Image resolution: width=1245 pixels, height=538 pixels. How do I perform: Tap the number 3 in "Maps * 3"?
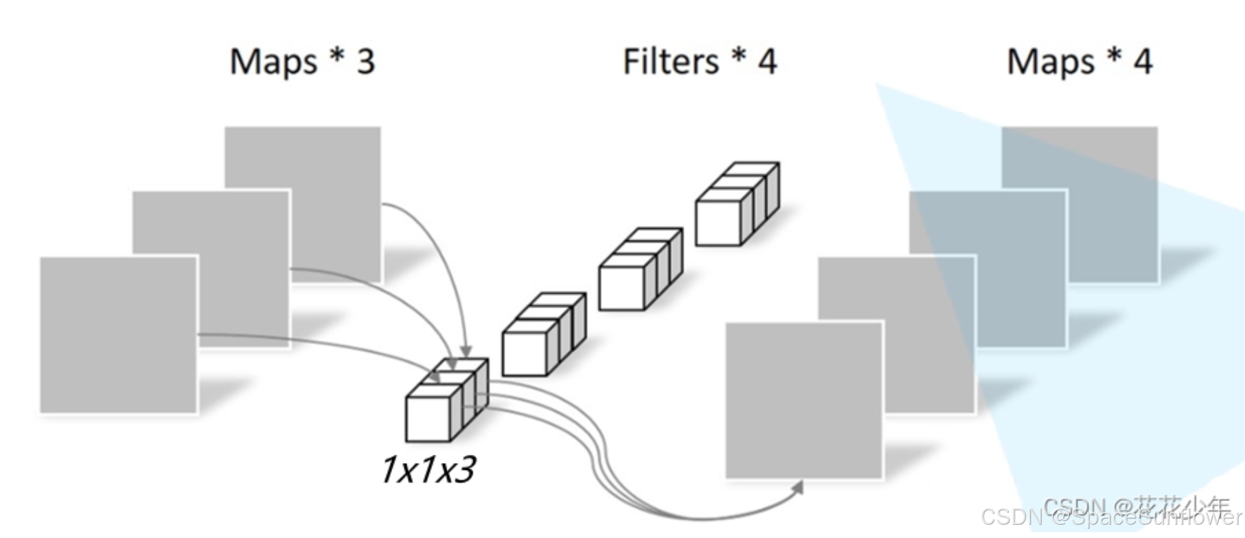coord(366,62)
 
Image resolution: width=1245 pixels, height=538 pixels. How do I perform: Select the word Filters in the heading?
coord(670,62)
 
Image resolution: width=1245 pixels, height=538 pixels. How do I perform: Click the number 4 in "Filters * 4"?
coord(767,62)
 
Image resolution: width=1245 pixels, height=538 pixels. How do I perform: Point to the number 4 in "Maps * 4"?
coord(1143,62)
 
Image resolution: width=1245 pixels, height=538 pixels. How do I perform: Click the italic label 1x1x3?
coord(428,470)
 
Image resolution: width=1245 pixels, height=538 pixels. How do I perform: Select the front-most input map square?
coord(118,335)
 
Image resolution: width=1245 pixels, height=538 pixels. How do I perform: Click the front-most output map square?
coord(804,401)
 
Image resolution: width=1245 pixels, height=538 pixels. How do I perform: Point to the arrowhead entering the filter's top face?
coord(466,351)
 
